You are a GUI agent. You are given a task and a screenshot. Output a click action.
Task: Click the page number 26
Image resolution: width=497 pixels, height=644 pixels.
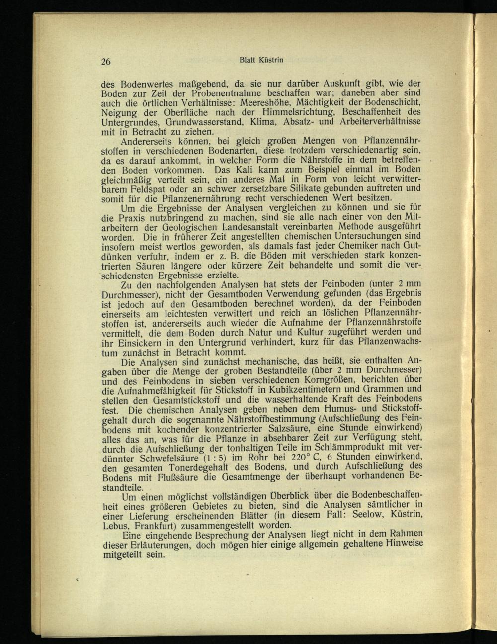[x=105, y=62]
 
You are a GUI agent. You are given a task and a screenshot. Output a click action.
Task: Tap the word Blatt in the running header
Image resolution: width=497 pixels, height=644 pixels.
[x=248, y=60]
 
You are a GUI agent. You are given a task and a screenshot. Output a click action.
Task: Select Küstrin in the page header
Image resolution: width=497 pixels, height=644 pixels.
[x=271, y=60]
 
